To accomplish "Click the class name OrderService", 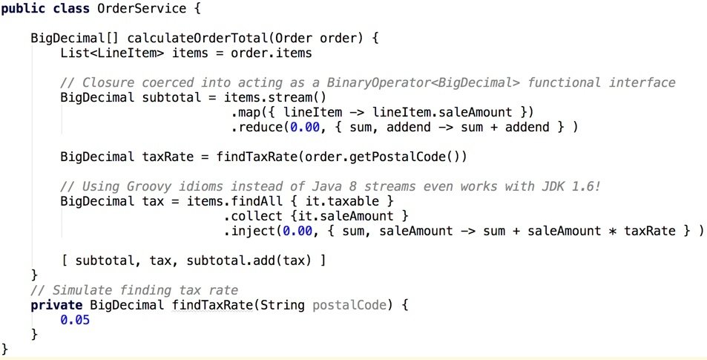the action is pyautogui.click(x=142, y=9).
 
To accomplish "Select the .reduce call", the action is pyautogui.click(x=256, y=127).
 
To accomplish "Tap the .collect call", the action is pyautogui.click(x=252, y=216).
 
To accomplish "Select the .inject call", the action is pyautogui.click(x=249, y=231).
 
